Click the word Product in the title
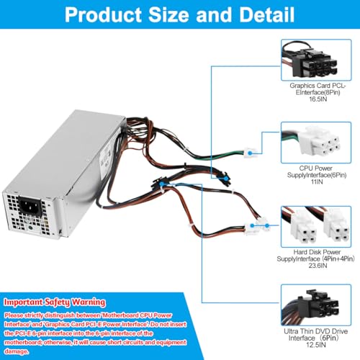point(104,15)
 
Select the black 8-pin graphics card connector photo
point(316,60)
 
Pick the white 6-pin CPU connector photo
point(316,143)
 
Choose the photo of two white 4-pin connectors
point(316,227)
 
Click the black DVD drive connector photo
point(316,305)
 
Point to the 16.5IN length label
point(318,99)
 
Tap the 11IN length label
point(317,181)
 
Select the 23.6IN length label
point(318,266)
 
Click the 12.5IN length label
point(316,345)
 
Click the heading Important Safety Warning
point(55,302)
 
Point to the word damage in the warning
point(16,351)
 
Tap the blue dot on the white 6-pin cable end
point(250,153)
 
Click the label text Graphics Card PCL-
point(318,86)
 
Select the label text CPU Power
point(316,168)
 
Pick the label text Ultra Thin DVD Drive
point(316,331)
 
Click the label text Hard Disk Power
point(317,252)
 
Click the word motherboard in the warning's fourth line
point(24,343)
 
